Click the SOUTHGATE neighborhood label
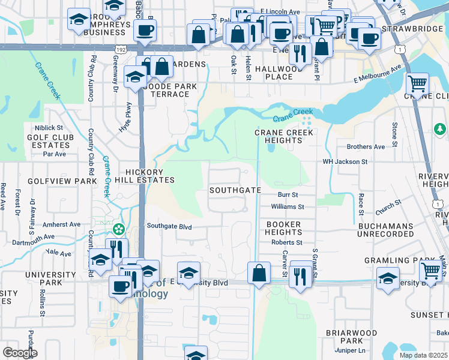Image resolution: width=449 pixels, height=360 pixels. tap(235, 190)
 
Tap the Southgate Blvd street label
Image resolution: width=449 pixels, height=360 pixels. tap(169, 226)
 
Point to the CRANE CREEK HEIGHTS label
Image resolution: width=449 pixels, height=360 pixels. tap(283, 136)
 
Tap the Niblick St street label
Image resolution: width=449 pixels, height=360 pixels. tap(49, 128)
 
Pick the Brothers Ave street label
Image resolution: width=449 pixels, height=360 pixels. tap(366, 146)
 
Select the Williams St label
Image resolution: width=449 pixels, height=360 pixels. tap(288, 206)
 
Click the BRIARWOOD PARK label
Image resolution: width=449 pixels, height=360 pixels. tap(351, 337)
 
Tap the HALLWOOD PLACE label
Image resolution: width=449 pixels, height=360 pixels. tap(278, 73)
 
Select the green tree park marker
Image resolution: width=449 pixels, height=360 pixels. tap(440, 129)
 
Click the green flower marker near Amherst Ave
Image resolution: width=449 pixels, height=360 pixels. tap(119, 229)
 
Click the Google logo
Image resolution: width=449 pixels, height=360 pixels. tap(20, 352)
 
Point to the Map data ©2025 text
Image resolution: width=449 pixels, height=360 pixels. tap(424, 355)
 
